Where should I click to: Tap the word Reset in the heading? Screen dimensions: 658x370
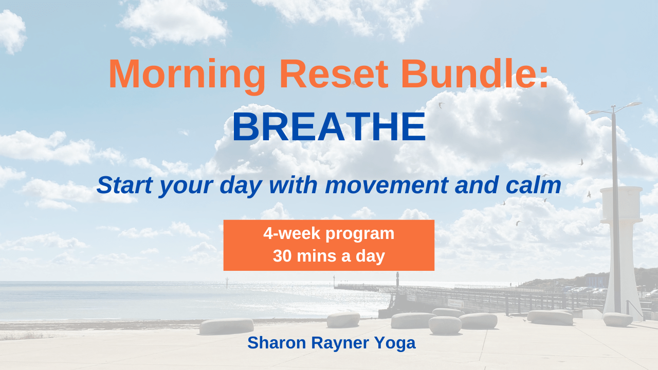334,73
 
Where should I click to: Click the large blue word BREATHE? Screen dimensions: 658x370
329,127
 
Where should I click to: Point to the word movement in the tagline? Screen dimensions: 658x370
387,186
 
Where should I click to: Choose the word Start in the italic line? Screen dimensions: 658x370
125,185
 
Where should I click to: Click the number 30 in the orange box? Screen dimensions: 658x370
282,256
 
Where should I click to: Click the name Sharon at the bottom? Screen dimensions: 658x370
277,343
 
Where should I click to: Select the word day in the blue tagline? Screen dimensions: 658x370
241,186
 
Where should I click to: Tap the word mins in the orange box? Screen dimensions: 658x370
316,256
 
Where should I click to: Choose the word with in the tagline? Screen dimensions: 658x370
293,185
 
